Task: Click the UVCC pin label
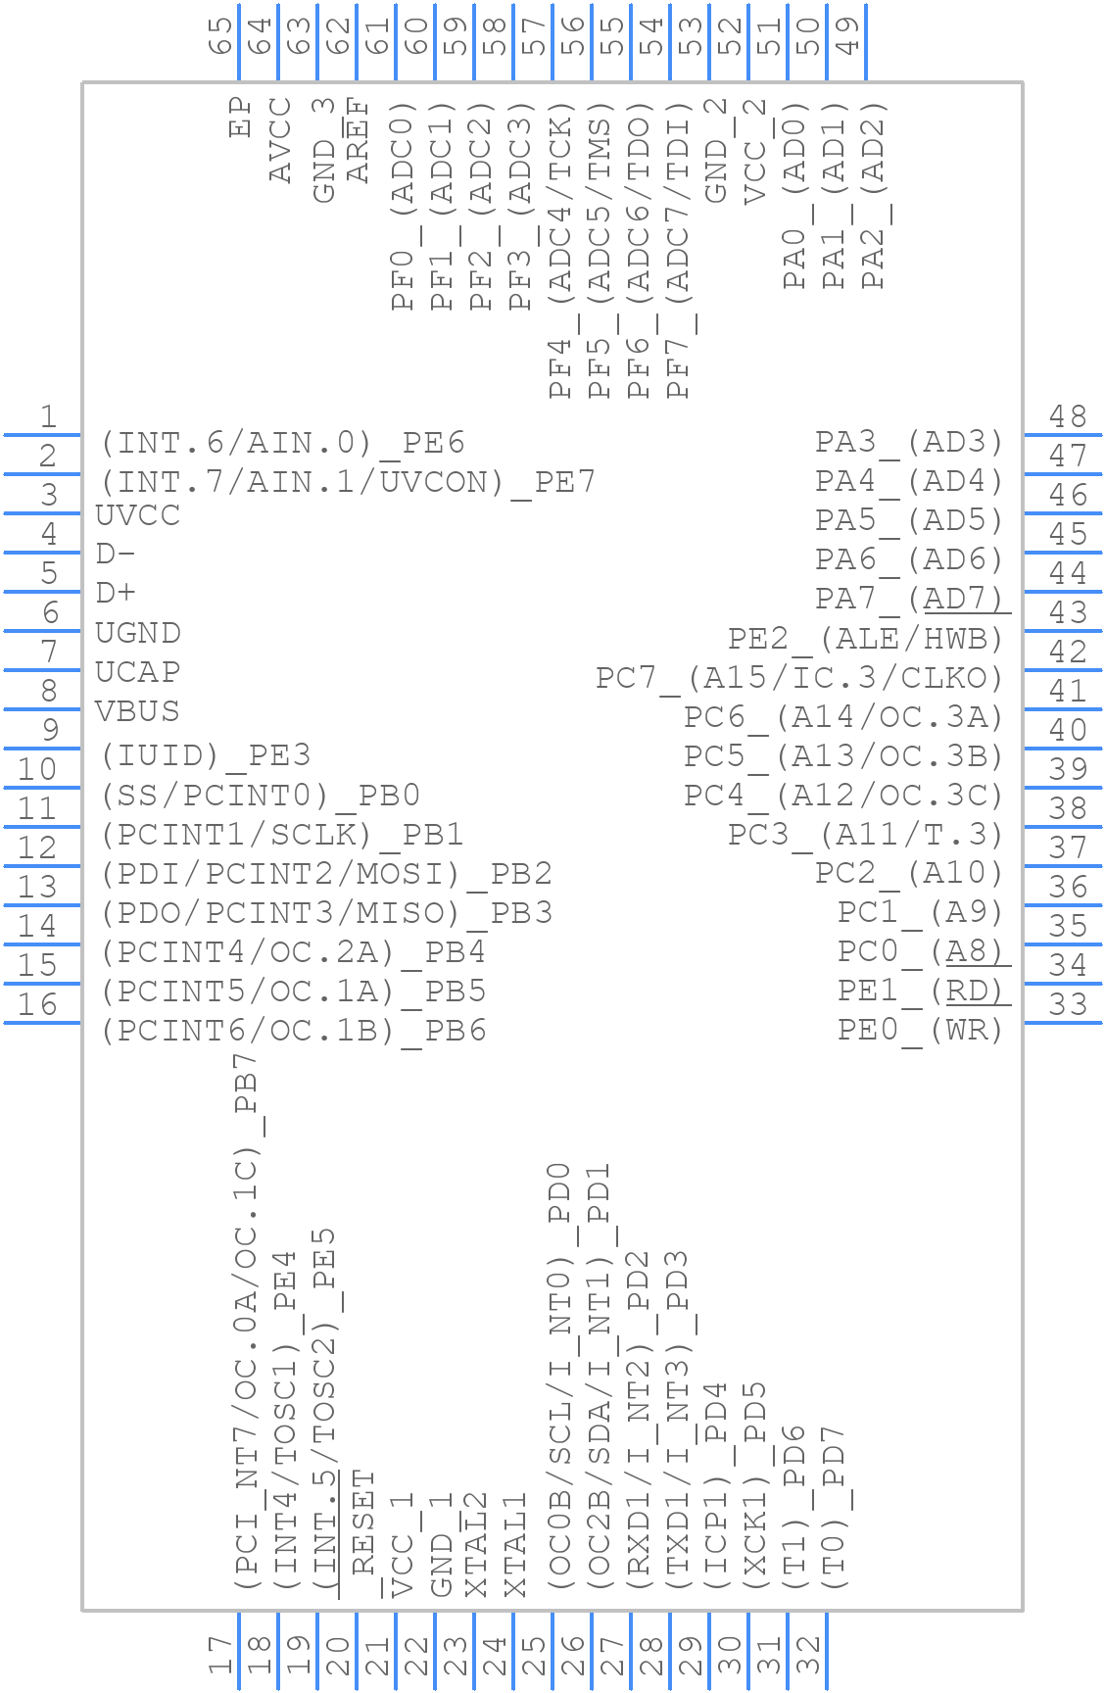click(x=138, y=515)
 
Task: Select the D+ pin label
click(x=116, y=594)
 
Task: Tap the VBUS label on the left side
click(x=138, y=711)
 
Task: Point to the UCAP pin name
click(x=138, y=672)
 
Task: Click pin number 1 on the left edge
click(x=47, y=418)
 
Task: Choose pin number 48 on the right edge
click(x=1068, y=417)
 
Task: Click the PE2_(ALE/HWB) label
click(x=866, y=639)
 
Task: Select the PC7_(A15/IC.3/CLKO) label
click(x=800, y=678)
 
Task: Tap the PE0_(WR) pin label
click(x=921, y=1030)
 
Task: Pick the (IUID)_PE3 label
click(x=206, y=755)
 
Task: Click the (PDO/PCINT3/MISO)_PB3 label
click(x=327, y=913)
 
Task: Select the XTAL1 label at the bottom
click(x=516, y=1545)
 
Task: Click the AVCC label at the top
click(x=281, y=140)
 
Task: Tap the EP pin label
click(x=241, y=117)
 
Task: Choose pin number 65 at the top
click(x=222, y=35)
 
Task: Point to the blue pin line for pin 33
click(x=1062, y=1022)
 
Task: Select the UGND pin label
click(x=138, y=633)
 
